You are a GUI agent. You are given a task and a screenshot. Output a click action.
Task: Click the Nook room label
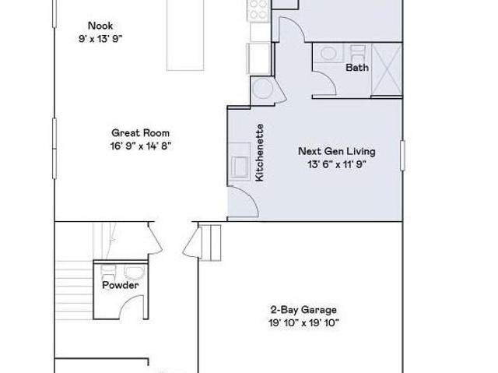(x=100, y=26)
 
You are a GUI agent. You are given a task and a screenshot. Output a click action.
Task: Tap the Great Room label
(x=140, y=133)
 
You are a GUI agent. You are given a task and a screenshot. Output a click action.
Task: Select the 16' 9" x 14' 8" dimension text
(x=141, y=146)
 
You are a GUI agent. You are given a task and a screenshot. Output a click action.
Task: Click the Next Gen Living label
(x=337, y=151)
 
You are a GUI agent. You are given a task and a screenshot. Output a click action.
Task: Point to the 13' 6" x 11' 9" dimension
(x=337, y=164)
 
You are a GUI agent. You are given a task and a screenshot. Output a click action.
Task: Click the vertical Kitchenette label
(x=259, y=153)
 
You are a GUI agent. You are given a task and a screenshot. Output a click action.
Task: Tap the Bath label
(x=357, y=67)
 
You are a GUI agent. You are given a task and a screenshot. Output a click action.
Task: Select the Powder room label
(x=121, y=285)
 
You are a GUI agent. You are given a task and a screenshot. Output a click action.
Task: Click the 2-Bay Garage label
(x=303, y=309)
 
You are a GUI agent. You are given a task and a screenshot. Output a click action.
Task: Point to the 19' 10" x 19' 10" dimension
(x=304, y=323)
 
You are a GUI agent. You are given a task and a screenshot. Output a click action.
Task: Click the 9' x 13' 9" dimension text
(x=100, y=39)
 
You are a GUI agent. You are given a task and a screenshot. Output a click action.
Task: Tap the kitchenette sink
(x=240, y=167)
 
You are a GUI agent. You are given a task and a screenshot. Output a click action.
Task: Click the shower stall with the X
(x=387, y=69)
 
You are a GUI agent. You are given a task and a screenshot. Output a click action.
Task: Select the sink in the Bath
(x=328, y=53)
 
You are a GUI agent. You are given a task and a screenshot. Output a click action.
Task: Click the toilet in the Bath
(x=358, y=51)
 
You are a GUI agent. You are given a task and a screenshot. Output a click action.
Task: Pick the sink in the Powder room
(x=135, y=273)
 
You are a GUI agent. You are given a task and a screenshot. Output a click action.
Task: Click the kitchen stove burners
(x=259, y=9)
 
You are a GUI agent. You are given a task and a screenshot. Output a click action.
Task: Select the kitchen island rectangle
(x=185, y=35)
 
